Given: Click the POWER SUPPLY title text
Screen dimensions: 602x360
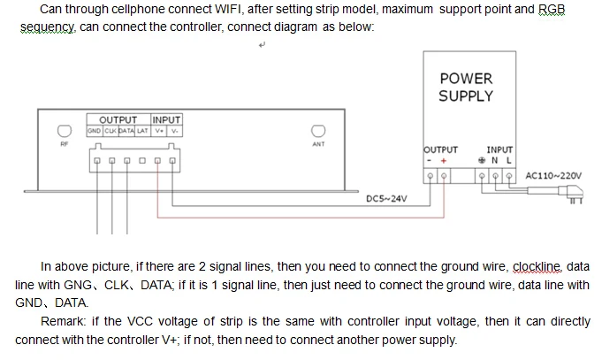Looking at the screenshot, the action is click(x=466, y=88).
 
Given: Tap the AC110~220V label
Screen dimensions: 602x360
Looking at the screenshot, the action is click(x=553, y=176).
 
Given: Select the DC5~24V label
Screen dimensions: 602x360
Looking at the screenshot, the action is click(x=386, y=199).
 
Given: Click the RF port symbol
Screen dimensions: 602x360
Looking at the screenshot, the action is click(x=65, y=131).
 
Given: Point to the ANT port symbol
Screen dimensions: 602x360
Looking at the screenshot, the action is click(x=318, y=131).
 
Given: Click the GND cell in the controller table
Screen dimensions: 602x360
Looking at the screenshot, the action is click(x=94, y=131).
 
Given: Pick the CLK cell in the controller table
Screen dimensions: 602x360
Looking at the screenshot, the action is click(x=110, y=131).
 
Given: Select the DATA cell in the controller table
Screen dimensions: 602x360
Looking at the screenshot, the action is click(x=126, y=131).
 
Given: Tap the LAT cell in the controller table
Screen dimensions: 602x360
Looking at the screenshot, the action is click(x=142, y=131).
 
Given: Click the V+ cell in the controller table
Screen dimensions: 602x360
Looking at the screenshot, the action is click(x=159, y=131).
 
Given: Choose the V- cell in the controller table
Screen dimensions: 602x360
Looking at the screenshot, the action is click(x=175, y=131).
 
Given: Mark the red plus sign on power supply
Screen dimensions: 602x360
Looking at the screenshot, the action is click(x=444, y=161).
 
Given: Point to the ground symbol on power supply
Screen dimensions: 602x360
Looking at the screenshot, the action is click(x=482, y=161).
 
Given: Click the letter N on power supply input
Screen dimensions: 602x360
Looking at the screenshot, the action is click(x=495, y=161).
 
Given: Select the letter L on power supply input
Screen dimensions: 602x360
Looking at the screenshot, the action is click(x=508, y=161).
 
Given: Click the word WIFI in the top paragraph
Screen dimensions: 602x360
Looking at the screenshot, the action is click(x=228, y=9).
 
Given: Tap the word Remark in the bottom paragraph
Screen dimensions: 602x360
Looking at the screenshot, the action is click(x=63, y=321).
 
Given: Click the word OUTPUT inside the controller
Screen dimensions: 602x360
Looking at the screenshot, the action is click(x=118, y=120).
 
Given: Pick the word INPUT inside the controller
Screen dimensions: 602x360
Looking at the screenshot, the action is click(x=166, y=120).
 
